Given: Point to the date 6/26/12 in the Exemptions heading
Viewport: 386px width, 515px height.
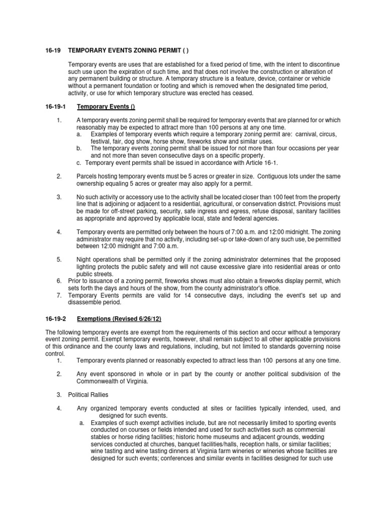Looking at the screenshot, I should tap(147, 319).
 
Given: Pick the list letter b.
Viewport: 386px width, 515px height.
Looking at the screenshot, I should tap(79, 149).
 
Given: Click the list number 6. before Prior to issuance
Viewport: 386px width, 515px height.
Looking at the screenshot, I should tap(59, 281).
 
